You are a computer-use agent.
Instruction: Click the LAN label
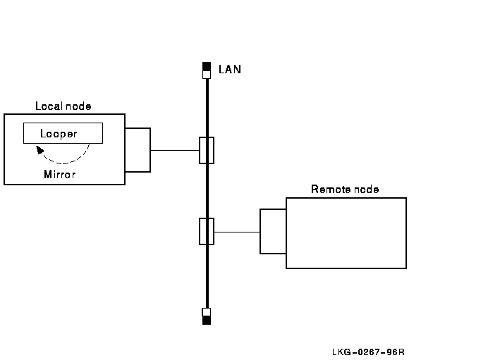pos(230,70)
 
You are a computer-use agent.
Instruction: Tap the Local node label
pos(63,106)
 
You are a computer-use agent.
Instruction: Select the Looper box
pos(62,133)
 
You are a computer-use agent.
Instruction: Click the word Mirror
pos(59,174)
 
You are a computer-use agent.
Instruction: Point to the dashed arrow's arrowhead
pos(39,149)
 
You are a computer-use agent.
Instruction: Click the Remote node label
pos(345,190)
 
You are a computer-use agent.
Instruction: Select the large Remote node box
pos(346,232)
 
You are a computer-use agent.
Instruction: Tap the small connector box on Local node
pos(138,150)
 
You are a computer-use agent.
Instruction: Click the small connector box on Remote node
pos(273,231)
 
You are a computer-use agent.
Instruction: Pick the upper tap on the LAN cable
pos(207,150)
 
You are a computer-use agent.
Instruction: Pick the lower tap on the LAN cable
pos(207,231)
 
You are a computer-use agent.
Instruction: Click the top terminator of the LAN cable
pos(207,70)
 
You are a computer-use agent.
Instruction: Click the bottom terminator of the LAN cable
pos(207,316)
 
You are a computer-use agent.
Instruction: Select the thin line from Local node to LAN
pos(175,150)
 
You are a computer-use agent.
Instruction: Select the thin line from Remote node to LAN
pos(237,231)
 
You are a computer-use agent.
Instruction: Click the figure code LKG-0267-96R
pos(370,352)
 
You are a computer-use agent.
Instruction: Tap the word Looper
pos(59,133)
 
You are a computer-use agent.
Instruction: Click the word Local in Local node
pos(48,106)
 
